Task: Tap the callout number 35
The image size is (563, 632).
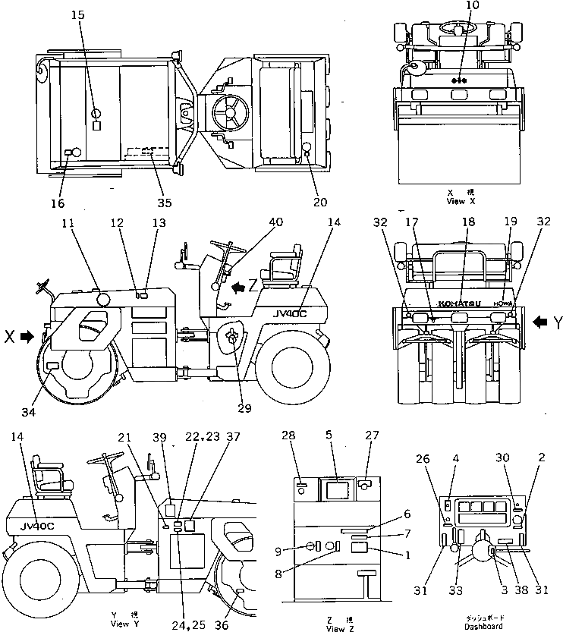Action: tap(165, 203)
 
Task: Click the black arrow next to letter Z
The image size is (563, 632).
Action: tap(237, 286)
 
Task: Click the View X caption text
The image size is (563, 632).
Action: tap(461, 201)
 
